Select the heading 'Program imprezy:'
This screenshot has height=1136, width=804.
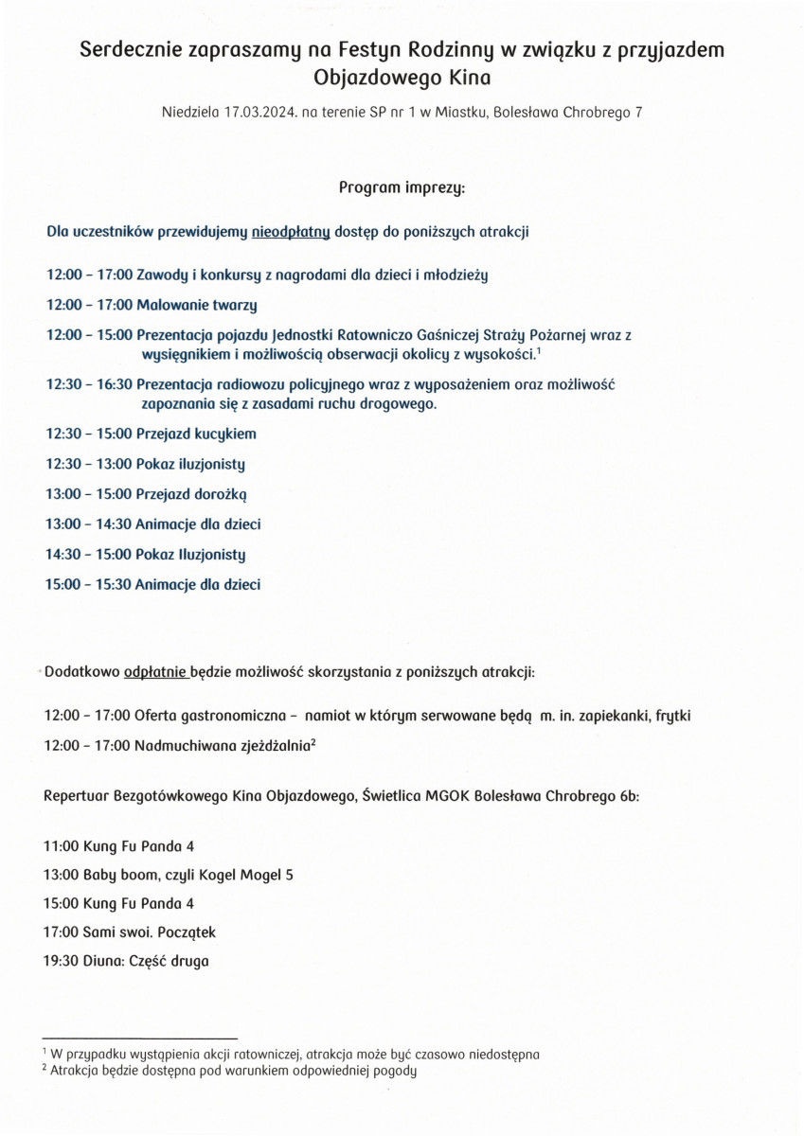coord(402,187)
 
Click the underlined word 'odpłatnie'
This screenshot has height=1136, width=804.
coord(157,673)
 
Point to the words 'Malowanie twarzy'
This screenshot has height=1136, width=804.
coord(197,305)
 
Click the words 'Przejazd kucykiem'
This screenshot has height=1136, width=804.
coord(196,434)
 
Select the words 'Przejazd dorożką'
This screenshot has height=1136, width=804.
coord(192,493)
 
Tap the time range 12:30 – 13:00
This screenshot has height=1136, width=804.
coord(88,464)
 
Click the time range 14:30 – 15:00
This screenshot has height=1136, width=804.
coord(88,554)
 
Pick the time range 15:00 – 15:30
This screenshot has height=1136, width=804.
coord(88,584)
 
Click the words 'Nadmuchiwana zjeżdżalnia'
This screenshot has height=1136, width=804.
coord(223,746)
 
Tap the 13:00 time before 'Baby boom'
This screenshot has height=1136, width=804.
coord(62,874)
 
